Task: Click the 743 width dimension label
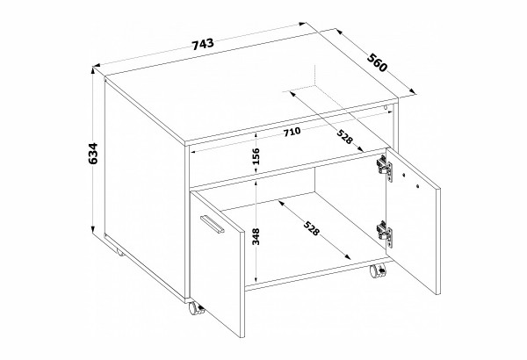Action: [x=203, y=44]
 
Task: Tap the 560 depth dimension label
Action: [x=377, y=62]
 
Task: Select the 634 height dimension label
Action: [x=92, y=154]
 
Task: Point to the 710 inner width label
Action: [x=292, y=132]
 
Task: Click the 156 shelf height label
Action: [x=256, y=156]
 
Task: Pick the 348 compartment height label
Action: [x=256, y=237]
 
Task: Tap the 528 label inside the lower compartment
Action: [x=311, y=228]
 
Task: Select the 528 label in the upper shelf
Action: [x=345, y=136]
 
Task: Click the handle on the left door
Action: [x=212, y=223]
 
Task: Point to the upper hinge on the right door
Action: [x=385, y=167]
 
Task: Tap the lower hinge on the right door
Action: [x=385, y=233]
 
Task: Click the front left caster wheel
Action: [x=195, y=308]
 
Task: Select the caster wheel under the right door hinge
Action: [x=378, y=271]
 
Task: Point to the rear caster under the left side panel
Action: [x=119, y=252]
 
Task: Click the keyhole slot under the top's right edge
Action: [x=386, y=107]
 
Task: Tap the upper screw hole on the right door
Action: [x=404, y=175]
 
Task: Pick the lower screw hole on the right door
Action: [x=417, y=185]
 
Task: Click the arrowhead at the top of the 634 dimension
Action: [x=92, y=70]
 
